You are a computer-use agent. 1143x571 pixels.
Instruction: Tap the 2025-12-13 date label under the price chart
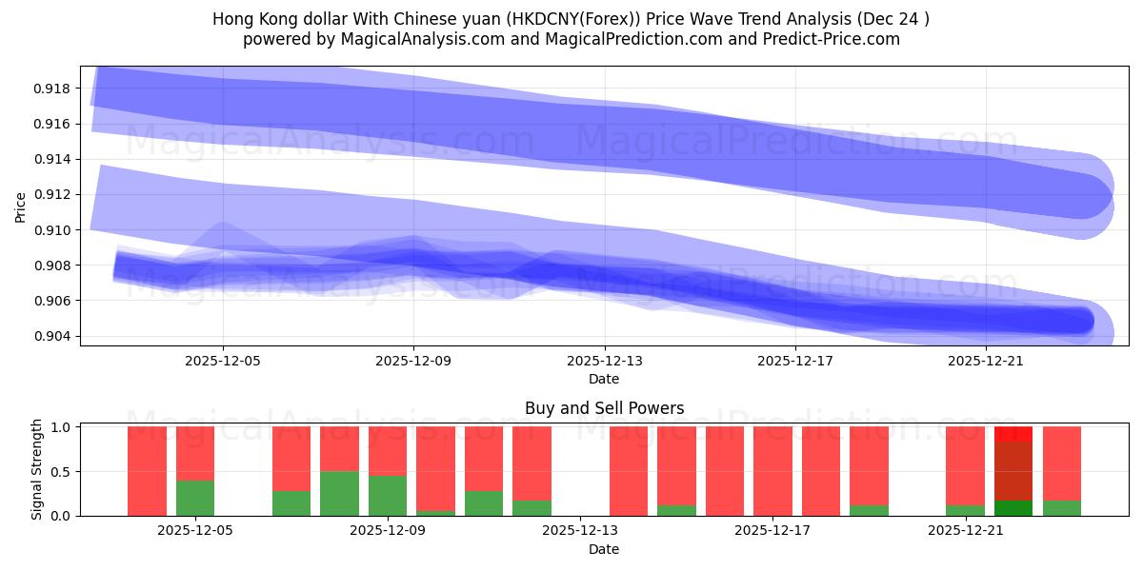(604, 362)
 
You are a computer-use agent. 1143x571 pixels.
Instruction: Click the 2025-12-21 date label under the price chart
(986, 362)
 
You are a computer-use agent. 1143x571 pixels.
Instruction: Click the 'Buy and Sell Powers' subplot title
(604, 408)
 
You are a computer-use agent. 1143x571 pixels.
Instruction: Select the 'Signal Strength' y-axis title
(36, 469)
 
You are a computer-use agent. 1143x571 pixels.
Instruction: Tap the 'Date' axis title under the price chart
(604, 379)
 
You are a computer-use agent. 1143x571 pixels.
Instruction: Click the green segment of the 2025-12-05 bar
(195, 498)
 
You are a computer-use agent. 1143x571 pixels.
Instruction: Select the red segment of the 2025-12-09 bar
(388, 450)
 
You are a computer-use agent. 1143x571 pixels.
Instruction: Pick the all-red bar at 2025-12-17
(772, 471)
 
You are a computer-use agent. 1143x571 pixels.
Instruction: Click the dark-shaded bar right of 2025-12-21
(1013, 471)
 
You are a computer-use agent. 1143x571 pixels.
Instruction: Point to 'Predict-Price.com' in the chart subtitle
(837, 39)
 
